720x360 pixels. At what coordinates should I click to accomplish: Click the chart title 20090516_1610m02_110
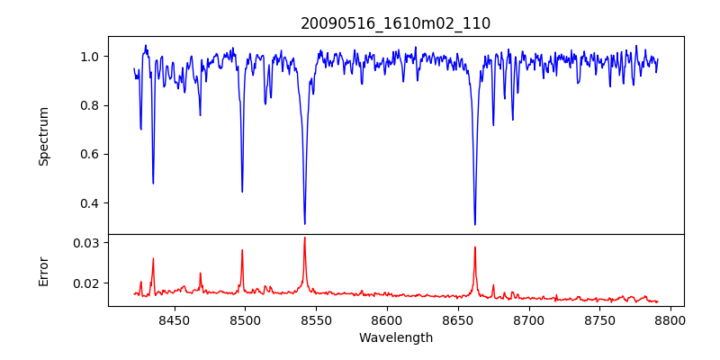tap(396, 23)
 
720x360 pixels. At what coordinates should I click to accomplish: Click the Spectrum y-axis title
tap(44, 136)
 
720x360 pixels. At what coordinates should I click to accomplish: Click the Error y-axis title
tap(44, 271)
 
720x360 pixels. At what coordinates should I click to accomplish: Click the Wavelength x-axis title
tap(396, 338)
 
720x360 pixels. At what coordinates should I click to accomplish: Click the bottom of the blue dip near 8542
tap(305, 223)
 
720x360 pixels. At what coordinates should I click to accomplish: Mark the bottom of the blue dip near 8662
tap(475, 224)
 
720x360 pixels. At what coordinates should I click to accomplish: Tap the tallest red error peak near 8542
tap(305, 238)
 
